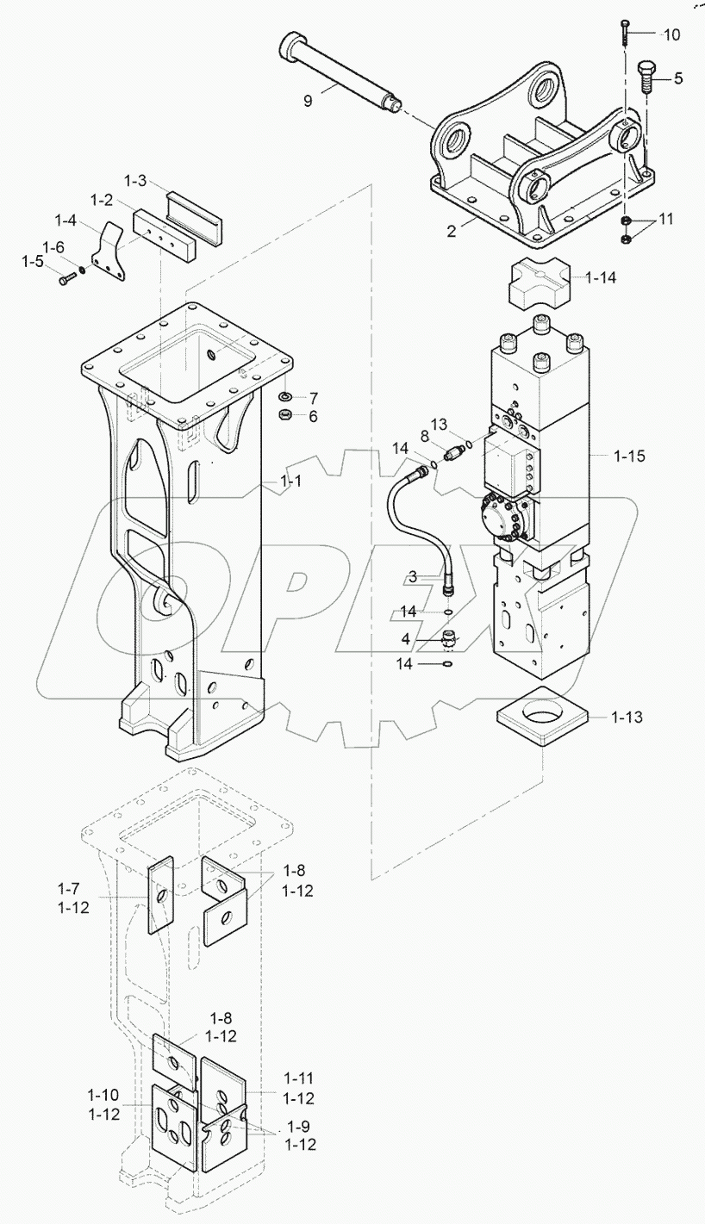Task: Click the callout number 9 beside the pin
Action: (308, 101)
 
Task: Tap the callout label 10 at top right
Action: (671, 34)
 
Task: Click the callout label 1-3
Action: (136, 181)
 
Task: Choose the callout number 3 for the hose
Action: (413, 575)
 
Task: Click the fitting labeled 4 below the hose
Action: (449, 640)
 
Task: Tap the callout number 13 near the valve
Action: (440, 424)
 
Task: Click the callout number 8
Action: (425, 438)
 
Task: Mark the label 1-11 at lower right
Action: (297, 1078)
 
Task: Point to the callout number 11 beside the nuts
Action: (667, 221)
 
